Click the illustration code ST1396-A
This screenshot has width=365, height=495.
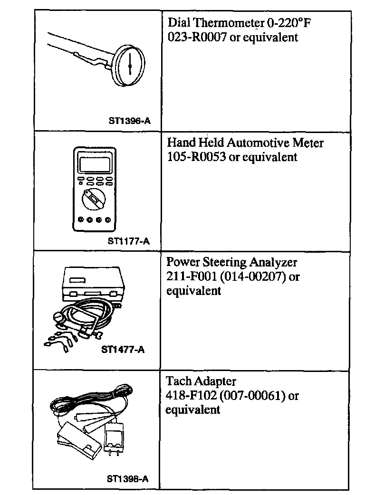(130, 121)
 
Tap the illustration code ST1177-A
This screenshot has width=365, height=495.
(129, 241)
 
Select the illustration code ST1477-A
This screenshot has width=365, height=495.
(123, 350)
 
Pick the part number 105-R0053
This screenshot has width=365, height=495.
(197, 157)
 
